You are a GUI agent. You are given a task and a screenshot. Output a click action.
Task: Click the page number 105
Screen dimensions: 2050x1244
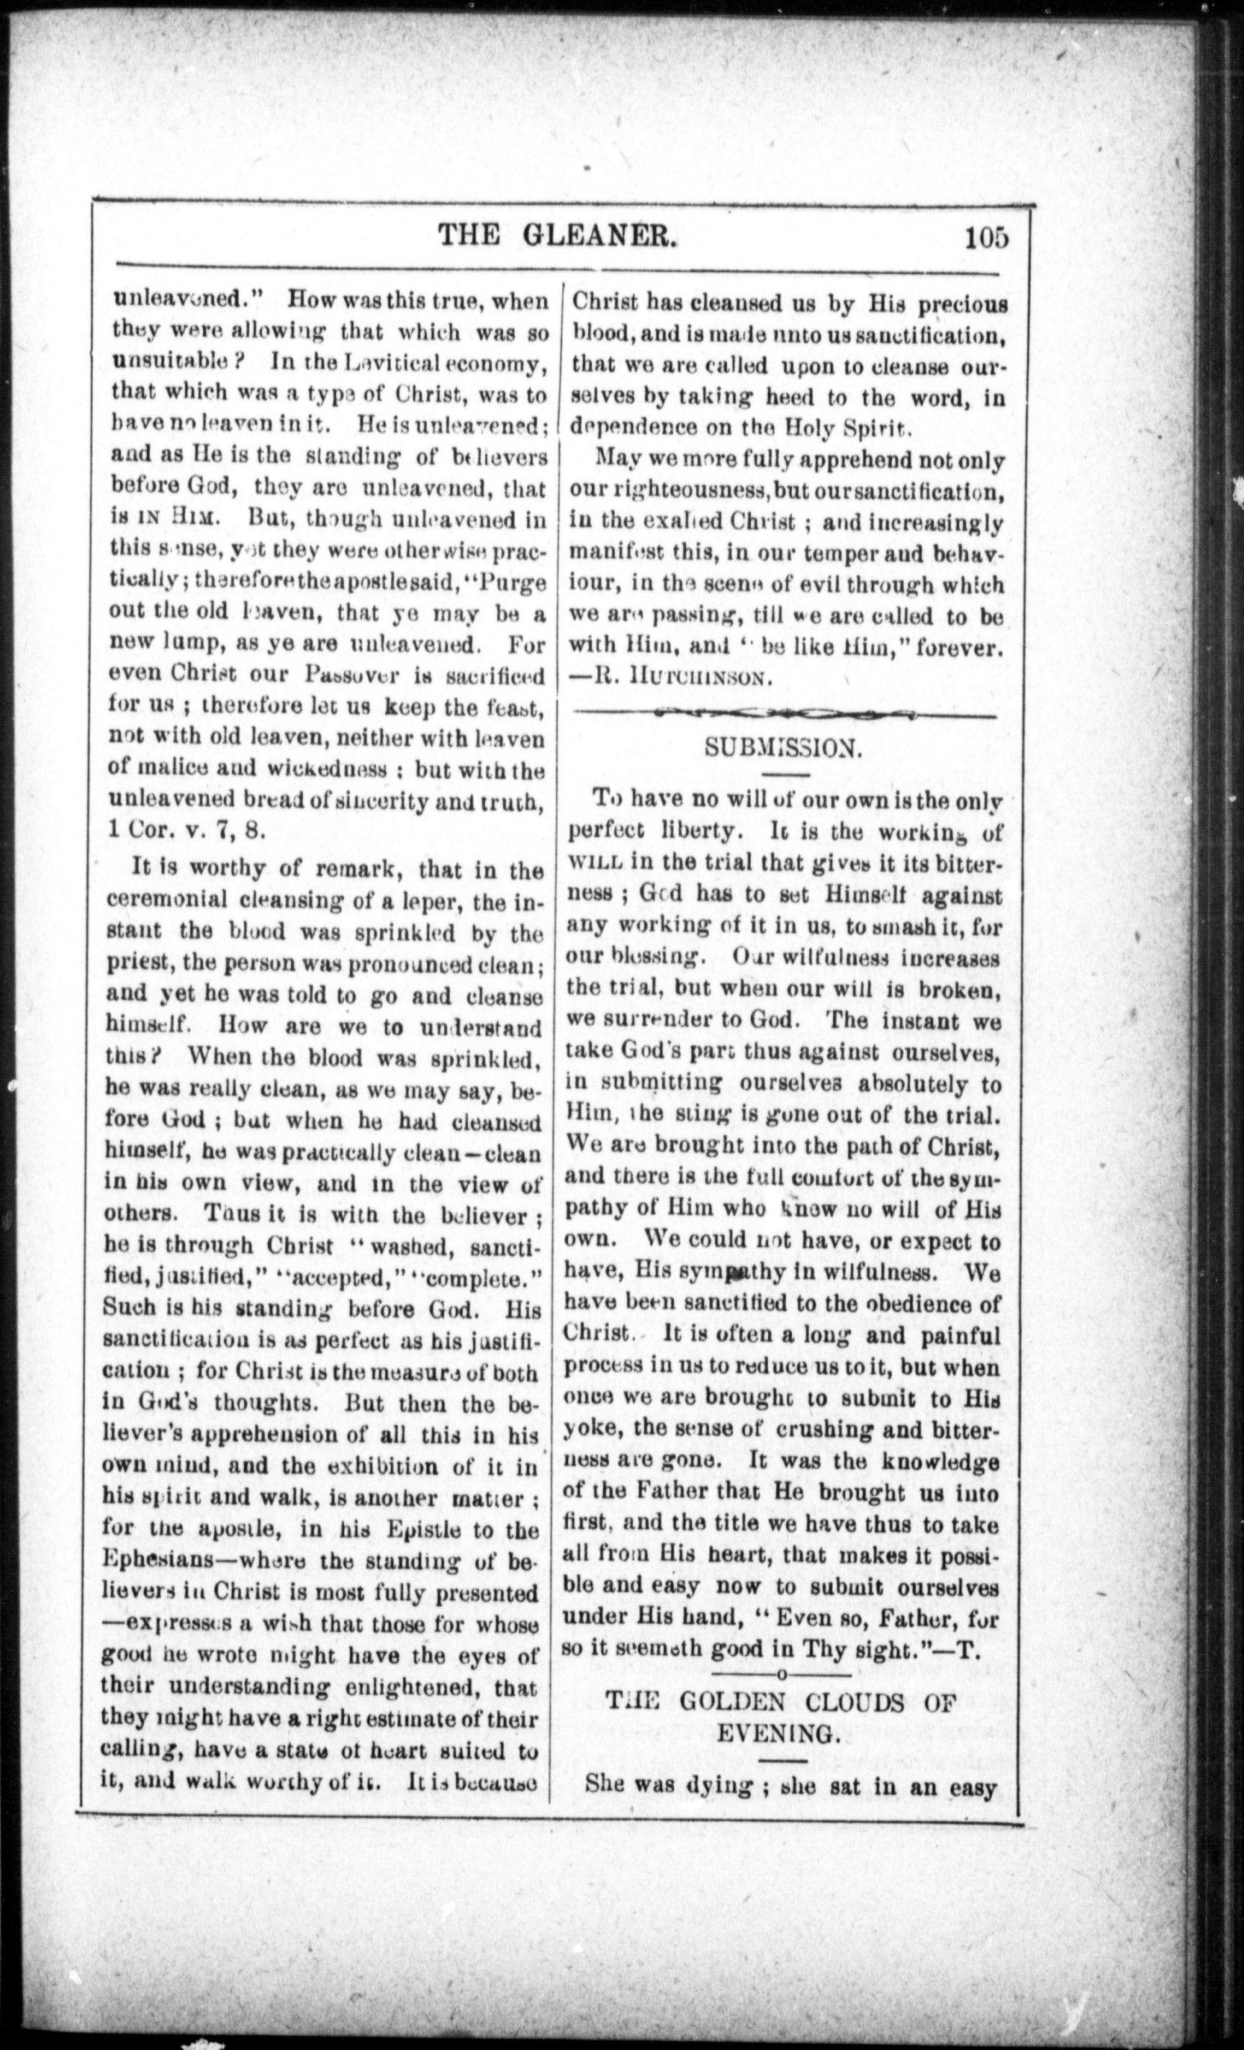pyautogui.click(x=987, y=238)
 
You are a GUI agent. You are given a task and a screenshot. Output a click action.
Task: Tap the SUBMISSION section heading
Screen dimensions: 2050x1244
pyautogui.click(x=783, y=747)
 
